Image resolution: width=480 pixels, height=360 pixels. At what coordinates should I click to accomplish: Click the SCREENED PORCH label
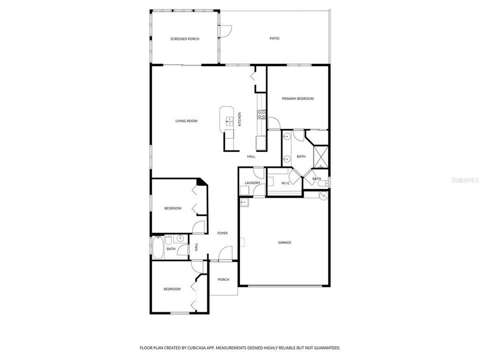tap(184, 38)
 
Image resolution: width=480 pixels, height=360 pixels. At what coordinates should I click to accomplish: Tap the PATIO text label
tap(274, 38)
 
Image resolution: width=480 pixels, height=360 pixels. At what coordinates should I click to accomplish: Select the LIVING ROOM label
tap(186, 120)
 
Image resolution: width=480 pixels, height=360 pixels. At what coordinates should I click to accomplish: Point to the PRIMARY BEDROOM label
tap(297, 98)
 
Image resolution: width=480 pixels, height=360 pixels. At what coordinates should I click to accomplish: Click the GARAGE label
tap(284, 242)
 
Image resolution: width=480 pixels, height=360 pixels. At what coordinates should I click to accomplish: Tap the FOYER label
tap(222, 233)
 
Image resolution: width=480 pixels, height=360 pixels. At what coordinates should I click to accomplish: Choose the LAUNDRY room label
tap(252, 183)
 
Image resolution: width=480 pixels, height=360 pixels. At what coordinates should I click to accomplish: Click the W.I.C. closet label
tap(286, 183)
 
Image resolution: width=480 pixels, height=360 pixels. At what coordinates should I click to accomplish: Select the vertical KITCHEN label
tap(239, 118)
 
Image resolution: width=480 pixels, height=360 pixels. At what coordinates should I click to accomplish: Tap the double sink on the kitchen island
tap(229, 120)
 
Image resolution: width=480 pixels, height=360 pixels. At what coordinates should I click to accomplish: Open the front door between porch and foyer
tap(225, 254)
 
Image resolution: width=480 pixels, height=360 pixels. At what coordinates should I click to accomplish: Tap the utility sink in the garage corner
tap(243, 202)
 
